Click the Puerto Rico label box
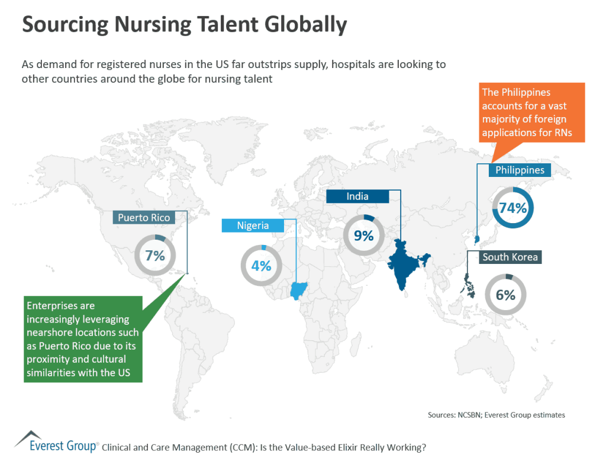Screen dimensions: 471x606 (144, 218)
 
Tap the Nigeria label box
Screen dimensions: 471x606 (253, 225)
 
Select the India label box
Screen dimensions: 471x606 (357, 196)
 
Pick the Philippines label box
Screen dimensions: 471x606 (520, 170)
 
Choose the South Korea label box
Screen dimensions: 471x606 (510, 257)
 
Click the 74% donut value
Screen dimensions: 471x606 (513, 208)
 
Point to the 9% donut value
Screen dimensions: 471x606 (364, 236)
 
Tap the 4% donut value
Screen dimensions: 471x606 (261, 266)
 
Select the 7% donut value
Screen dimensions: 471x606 (154, 256)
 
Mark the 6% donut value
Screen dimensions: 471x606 (505, 295)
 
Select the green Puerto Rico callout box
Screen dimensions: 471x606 (83, 339)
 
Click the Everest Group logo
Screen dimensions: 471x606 (56, 443)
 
